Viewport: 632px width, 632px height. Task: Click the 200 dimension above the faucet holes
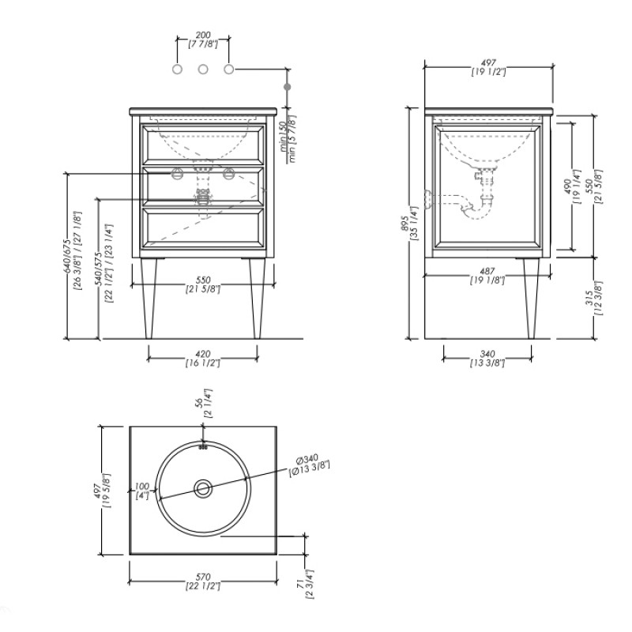click(x=203, y=40)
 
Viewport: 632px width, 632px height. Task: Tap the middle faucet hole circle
click(x=203, y=70)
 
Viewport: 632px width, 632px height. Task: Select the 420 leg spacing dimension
click(x=203, y=359)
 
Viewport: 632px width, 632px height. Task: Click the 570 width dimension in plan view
click(x=203, y=581)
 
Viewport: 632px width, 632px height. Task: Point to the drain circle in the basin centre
click(x=203, y=489)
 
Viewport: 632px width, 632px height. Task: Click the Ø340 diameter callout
click(x=309, y=465)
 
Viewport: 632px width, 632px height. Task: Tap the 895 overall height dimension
click(x=408, y=223)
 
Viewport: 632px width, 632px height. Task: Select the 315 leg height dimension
click(x=594, y=298)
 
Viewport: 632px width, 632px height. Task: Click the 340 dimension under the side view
click(x=487, y=359)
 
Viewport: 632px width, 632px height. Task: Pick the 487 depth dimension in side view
click(x=487, y=276)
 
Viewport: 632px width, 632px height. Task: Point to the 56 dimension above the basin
click(x=203, y=403)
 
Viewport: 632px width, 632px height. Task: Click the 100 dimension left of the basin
click(x=142, y=491)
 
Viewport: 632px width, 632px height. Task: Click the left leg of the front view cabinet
click(x=149, y=299)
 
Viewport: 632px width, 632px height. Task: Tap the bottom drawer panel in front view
click(x=203, y=228)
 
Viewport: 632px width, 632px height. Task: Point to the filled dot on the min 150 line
click(x=287, y=87)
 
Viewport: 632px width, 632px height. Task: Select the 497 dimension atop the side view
click(x=488, y=67)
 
